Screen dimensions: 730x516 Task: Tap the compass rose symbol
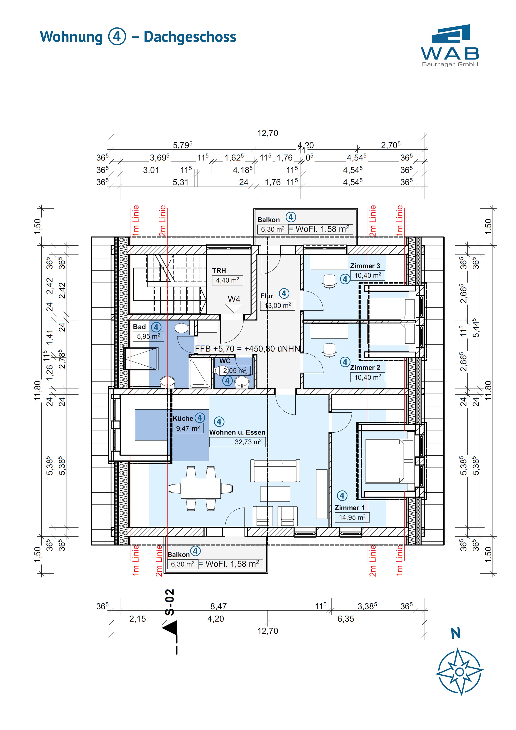(459, 672)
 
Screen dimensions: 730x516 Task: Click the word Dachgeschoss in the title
(190, 37)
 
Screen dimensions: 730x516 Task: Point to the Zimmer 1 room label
(349, 508)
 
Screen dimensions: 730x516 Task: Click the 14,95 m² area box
(352, 517)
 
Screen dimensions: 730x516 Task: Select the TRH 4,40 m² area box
(227, 280)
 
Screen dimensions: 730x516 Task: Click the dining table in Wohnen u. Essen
(201, 488)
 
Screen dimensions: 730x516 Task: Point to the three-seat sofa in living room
(275, 471)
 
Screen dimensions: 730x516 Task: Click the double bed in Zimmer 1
(389, 461)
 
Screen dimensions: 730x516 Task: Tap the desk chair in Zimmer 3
(329, 281)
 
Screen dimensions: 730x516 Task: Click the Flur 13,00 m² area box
(278, 305)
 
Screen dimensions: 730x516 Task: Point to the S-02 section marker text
(170, 602)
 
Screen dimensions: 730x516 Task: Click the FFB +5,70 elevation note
(247, 349)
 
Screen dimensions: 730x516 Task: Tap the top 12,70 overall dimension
(268, 133)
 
